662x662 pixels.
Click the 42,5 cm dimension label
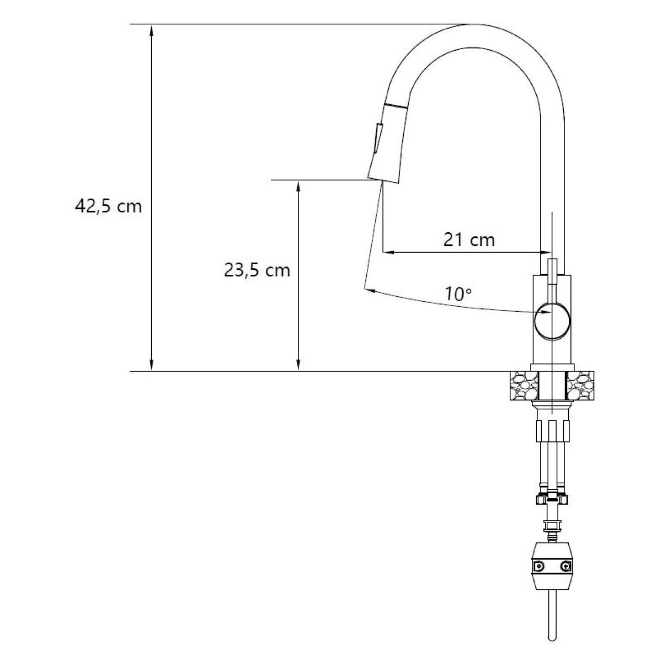coord(108,206)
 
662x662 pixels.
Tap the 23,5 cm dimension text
coord(257,270)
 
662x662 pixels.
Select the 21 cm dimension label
coord(469,239)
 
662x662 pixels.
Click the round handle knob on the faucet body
coord(552,322)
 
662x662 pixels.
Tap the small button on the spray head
coord(378,138)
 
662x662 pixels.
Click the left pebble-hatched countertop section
coord(524,386)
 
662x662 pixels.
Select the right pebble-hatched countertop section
coord(580,386)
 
